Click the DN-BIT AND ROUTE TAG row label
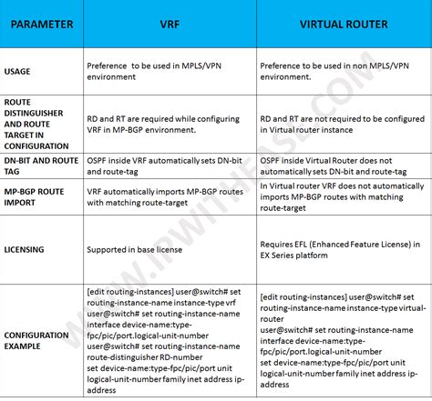click(x=39, y=165)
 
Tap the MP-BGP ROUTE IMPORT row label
click(x=36, y=197)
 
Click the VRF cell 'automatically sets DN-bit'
click(x=164, y=165)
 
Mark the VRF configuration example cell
click(x=165, y=339)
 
